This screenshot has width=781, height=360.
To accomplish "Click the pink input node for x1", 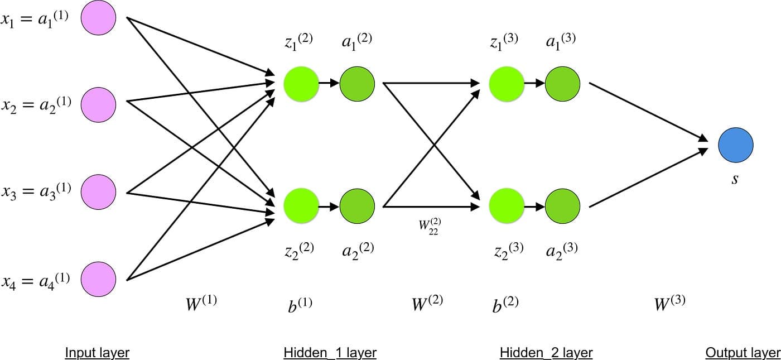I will [99, 18].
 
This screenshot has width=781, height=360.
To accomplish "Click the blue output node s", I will [735, 145].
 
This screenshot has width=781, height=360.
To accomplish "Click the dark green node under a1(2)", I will [357, 84].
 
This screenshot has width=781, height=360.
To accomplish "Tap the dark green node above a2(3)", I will [562, 207].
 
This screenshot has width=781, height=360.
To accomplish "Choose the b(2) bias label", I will [505, 304].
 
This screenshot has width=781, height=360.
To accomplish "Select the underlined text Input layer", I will [97, 353].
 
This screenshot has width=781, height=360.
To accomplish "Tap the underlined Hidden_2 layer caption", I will [546, 353].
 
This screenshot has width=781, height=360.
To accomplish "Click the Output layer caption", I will [743, 353].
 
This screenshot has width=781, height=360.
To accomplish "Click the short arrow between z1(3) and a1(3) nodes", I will [534, 84].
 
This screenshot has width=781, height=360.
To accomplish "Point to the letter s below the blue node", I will [735, 180].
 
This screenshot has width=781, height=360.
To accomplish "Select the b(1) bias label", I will [300, 304].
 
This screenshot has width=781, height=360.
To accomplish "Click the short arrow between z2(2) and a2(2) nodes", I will [329, 207].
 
